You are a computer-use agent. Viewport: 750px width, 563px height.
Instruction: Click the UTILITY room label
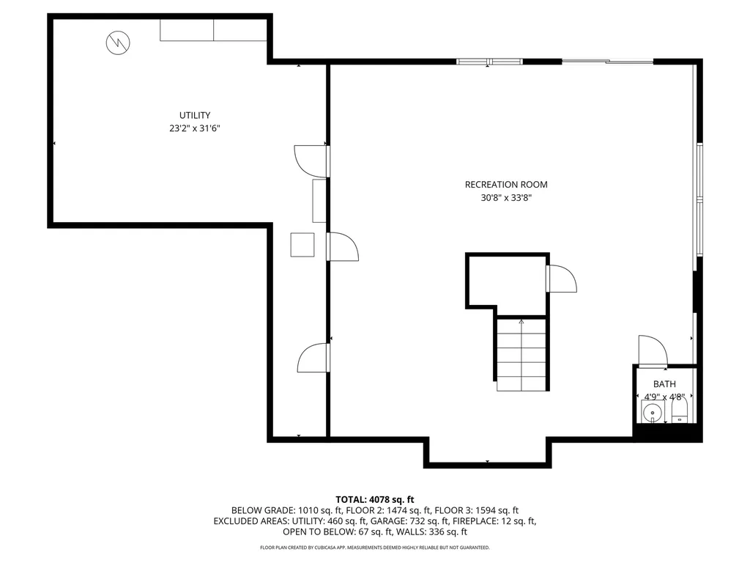click(x=195, y=115)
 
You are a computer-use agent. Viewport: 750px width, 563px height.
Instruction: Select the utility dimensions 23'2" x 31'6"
click(x=195, y=128)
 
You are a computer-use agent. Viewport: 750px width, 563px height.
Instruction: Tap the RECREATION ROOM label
click(x=506, y=185)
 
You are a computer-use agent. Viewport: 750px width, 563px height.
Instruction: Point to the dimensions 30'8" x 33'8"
click(x=506, y=198)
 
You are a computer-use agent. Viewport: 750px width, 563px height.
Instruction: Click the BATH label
click(x=664, y=383)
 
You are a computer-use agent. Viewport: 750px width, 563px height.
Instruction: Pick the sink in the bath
click(x=650, y=413)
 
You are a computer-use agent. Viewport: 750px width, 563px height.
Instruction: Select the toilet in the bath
click(x=679, y=411)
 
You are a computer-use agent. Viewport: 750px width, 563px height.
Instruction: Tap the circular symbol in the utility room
click(x=116, y=43)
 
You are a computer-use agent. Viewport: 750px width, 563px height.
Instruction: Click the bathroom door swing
click(x=652, y=350)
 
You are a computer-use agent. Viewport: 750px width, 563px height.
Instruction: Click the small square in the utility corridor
click(x=302, y=244)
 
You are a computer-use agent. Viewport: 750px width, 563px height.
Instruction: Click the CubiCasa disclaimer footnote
click(x=375, y=548)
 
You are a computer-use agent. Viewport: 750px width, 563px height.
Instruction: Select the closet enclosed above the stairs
click(x=506, y=281)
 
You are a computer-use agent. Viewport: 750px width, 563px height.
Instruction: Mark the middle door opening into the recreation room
click(x=342, y=246)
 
